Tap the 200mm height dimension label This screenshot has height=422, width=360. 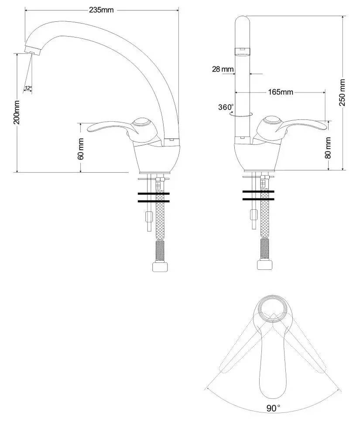17,112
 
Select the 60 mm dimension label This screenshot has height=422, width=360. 81,149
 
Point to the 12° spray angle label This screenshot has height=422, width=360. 28,88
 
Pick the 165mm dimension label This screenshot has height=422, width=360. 280,92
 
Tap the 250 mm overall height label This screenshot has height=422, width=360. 343,92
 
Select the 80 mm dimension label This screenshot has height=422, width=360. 329,148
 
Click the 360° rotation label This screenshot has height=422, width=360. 226,107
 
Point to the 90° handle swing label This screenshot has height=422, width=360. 273,408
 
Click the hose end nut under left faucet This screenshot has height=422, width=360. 160,266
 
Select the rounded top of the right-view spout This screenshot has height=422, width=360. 242,20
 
